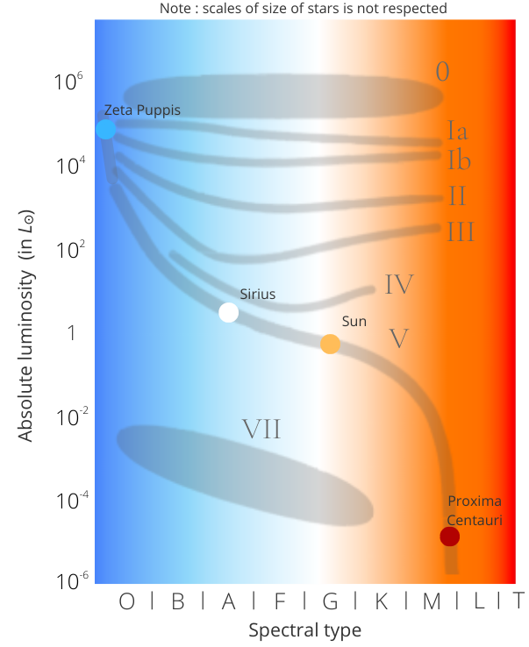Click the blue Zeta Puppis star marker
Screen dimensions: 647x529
[105, 130]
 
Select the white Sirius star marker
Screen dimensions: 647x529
[228, 313]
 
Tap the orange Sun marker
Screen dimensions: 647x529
[330, 344]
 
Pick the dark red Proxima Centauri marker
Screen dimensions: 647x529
[449, 537]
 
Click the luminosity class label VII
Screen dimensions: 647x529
[261, 429]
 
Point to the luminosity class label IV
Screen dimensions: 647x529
[399, 284]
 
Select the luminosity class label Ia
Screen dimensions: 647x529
[457, 132]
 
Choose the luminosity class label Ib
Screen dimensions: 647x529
[460, 160]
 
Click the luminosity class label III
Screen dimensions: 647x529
[461, 232]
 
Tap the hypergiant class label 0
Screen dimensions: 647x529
[443, 72]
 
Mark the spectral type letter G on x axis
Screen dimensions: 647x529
[331, 601]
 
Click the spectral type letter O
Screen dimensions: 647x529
[127, 601]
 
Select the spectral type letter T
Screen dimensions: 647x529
[518, 601]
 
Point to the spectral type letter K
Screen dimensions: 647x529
[382, 601]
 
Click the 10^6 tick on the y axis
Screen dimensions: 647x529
[68, 82]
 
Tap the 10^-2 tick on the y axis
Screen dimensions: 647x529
[68, 416]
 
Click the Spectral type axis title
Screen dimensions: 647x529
[304, 630]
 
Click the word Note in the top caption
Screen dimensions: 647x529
[176, 9]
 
